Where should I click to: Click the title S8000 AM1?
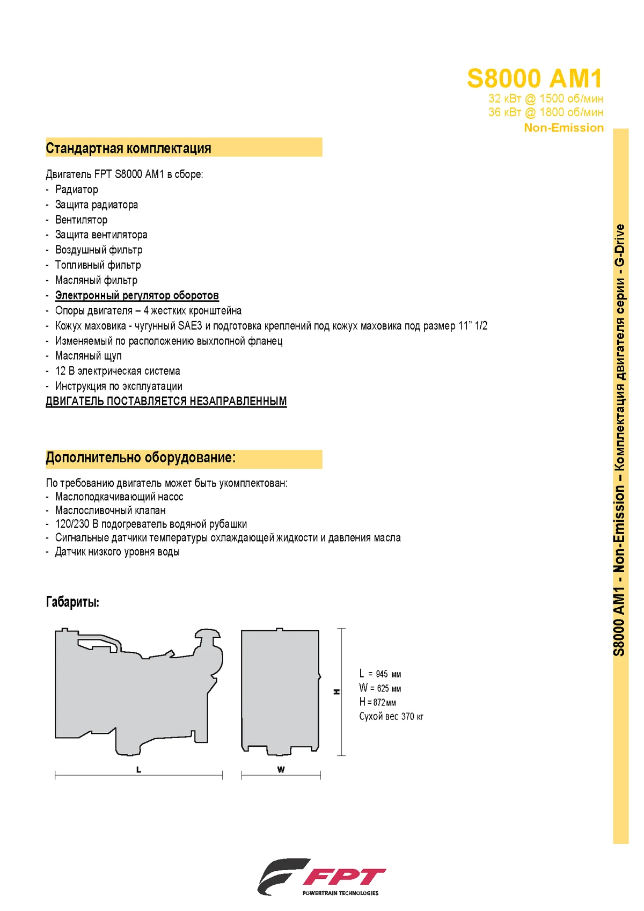coord(535,79)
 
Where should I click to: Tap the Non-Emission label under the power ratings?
coord(563,128)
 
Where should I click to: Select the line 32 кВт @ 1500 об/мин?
coord(545,99)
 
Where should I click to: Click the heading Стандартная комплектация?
coord(129,148)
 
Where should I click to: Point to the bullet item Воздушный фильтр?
coord(99,250)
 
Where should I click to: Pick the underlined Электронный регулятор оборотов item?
coord(137,295)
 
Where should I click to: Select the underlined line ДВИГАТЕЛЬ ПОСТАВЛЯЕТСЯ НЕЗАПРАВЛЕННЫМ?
coord(166,401)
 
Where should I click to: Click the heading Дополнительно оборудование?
coord(141,458)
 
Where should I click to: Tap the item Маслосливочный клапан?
coord(111,511)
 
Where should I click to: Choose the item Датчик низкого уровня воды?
coord(118,552)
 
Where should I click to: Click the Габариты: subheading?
coord(72,602)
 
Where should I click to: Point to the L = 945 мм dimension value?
coord(380,674)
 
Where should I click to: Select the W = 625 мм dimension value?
coord(380,688)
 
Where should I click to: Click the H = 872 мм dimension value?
coord(378,702)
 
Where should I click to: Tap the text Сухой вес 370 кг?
coord(391,716)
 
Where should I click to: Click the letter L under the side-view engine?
coord(138,770)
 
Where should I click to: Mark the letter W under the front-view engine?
coord(281,770)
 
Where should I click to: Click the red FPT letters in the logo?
coord(345,877)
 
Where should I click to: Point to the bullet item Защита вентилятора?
coord(101,235)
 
